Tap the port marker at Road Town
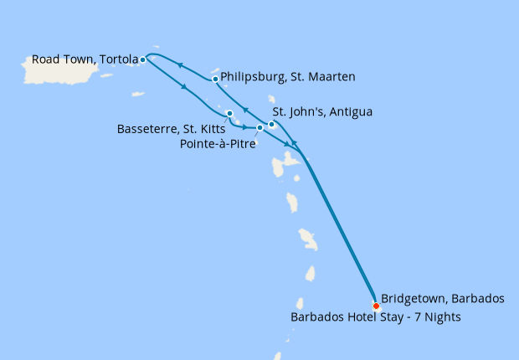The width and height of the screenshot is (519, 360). pos(143,59)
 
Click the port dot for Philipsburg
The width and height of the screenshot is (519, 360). pos(216,80)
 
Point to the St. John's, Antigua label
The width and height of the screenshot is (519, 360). pos(323,111)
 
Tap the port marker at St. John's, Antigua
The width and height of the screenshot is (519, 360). pos(272,125)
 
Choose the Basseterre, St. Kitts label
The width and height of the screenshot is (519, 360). pos(172,129)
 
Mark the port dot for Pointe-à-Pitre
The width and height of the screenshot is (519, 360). pos(260,128)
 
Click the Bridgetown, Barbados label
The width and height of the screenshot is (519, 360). pos(443,298)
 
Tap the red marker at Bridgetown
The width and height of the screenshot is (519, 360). pos(376,306)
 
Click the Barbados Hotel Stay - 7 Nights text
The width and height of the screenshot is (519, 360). pos(375,317)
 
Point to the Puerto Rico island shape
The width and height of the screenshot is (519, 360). pos(59,70)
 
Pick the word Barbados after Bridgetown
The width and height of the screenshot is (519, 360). pos(479,298)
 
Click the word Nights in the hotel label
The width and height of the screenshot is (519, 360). pos(441,317)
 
